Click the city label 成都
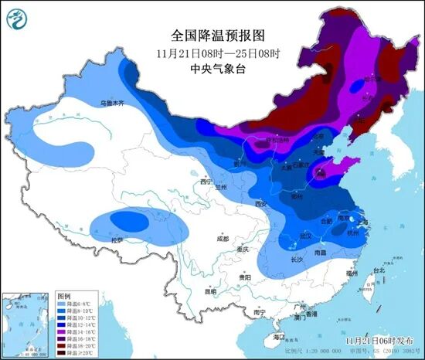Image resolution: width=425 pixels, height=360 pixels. tap(222, 237)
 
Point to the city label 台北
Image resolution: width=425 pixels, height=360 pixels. tap(378, 270)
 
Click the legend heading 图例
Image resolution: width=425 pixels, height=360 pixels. tap(64, 297)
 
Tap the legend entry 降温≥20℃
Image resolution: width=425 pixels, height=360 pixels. tap(83, 354)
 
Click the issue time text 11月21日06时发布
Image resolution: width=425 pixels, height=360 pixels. tap(379, 338)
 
